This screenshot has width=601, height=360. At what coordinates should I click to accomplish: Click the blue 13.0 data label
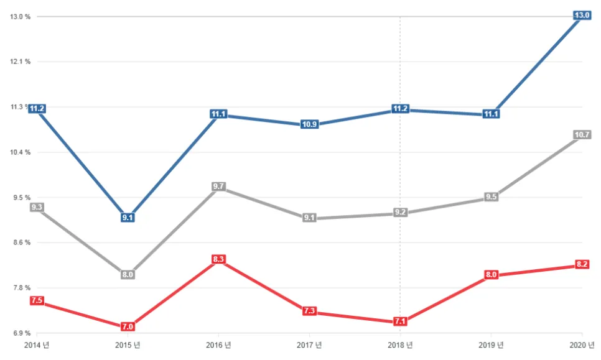[582, 16]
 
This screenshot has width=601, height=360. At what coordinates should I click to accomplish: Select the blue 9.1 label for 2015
[128, 218]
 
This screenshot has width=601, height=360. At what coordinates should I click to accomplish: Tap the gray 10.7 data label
[582, 135]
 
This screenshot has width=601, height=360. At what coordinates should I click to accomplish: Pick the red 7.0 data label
[128, 326]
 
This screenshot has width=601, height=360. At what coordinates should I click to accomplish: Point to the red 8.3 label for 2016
[218, 259]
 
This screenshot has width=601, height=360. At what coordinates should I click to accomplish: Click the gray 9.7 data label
[218, 187]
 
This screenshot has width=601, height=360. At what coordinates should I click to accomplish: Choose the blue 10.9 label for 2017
[309, 124]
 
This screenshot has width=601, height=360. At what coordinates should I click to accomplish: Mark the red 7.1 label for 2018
[400, 321]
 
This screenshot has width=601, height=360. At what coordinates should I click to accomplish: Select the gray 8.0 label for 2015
[128, 275]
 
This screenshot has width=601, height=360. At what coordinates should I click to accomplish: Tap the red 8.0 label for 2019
[491, 275]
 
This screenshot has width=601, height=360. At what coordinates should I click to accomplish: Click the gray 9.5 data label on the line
[491, 197]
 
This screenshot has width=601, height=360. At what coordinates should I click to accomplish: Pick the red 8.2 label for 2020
[582, 264]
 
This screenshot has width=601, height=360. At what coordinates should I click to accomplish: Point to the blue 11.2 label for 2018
[400, 109]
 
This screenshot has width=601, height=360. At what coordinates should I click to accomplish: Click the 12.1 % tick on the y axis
[21, 62]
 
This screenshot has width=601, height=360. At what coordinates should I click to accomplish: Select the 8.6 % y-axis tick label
[21, 242]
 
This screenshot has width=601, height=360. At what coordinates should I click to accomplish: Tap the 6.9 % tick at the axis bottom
[21, 333]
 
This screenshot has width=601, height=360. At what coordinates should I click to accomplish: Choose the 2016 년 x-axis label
[218, 345]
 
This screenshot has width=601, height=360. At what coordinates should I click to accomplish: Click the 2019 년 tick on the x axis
[491, 345]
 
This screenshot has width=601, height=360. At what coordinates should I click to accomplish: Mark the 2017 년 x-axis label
[309, 345]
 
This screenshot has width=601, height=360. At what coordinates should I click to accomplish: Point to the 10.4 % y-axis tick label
[21, 152]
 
